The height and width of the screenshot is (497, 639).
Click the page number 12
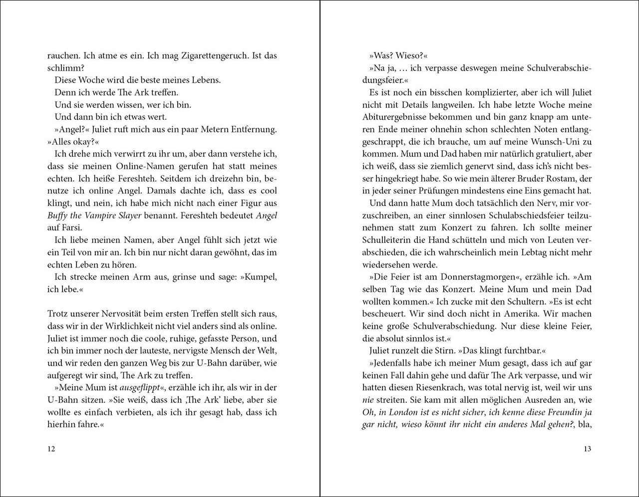51,449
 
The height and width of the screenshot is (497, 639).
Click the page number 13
587,449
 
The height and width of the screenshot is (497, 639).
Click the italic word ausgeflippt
140,388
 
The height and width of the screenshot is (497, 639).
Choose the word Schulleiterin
389,240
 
